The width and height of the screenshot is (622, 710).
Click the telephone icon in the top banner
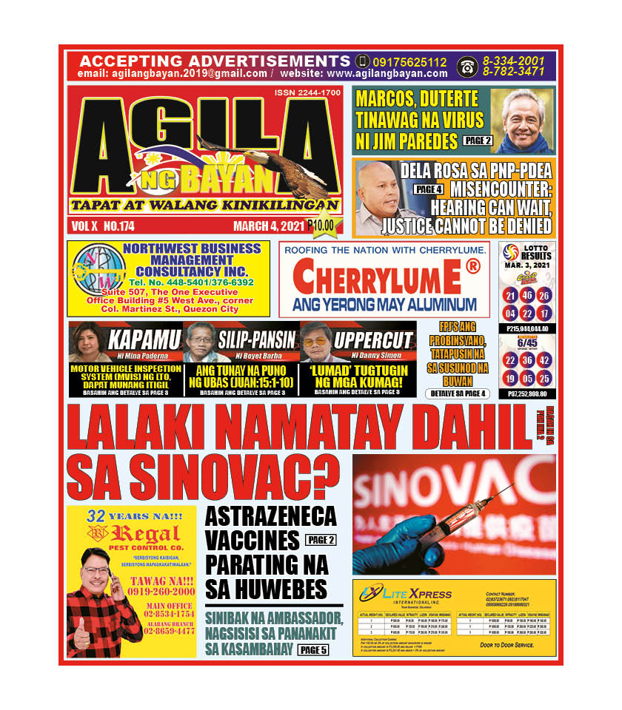tap(466, 66)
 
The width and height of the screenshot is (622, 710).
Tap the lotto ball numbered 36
tap(526, 360)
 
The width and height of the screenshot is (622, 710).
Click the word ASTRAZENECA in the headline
tap(270, 515)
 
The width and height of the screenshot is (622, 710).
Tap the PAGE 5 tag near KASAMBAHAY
tap(314, 650)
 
